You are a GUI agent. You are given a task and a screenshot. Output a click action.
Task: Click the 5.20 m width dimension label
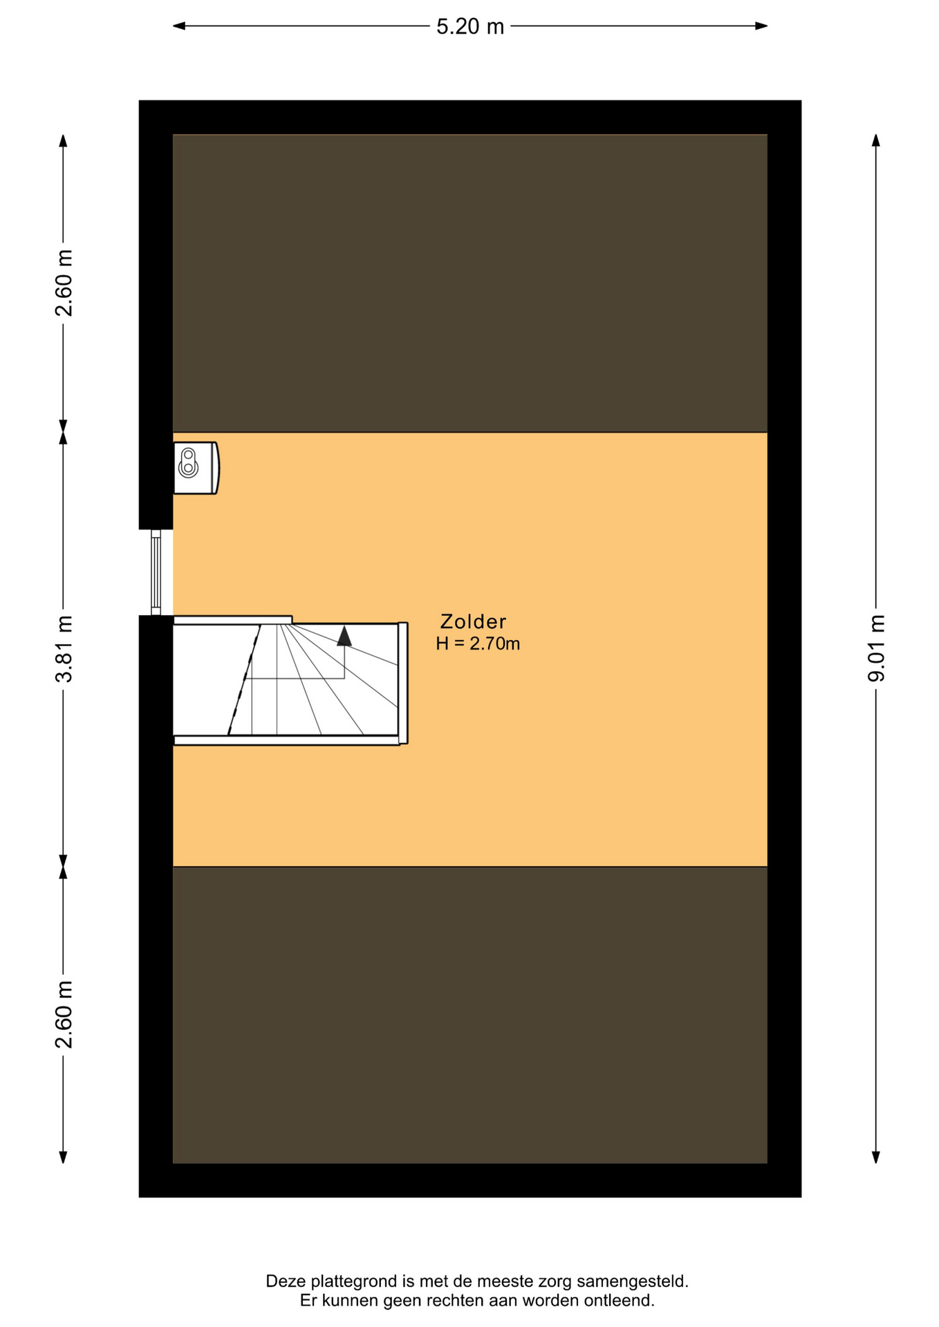tap(470, 26)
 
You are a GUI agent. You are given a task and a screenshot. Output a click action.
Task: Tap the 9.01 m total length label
tap(876, 648)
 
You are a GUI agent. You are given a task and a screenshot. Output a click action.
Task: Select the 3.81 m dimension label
tap(64, 648)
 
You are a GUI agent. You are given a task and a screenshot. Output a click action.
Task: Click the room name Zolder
tap(474, 621)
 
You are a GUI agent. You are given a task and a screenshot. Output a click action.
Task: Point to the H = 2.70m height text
tap(478, 643)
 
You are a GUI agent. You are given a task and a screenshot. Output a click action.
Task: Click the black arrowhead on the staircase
tap(344, 636)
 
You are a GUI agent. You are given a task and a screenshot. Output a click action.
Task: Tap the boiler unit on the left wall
tap(196, 468)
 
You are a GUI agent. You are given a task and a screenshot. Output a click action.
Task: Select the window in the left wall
tap(156, 572)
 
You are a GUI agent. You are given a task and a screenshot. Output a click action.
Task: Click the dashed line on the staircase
tap(244, 679)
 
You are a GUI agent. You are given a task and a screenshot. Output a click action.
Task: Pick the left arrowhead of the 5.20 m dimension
tap(179, 26)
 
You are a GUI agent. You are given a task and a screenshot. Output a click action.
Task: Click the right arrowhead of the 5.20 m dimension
tap(761, 26)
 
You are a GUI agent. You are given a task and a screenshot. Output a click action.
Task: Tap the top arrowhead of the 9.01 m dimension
tap(876, 140)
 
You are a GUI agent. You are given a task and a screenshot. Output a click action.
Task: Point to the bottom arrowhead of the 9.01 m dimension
tap(876, 1157)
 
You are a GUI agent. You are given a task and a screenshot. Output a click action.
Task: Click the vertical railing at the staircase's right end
tap(403, 683)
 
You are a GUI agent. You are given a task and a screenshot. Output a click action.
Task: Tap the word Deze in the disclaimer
tap(286, 1282)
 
